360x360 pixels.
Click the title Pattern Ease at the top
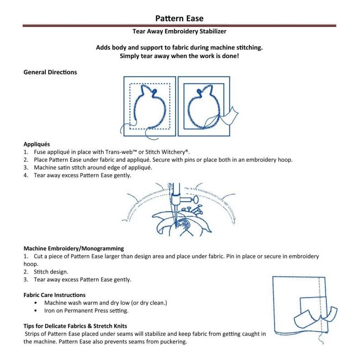[180, 18]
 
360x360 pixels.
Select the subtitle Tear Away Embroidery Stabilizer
[179, 32]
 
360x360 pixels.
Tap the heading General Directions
[50, 72]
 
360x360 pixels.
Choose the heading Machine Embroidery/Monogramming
[73, 248]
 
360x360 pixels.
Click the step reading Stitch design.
[51, 272]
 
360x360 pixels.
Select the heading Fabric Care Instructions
[54, 295]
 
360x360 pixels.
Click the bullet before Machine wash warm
[36, 303]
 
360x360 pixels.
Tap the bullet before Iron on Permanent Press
[36, 310]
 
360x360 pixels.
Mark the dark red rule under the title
[180, 26]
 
